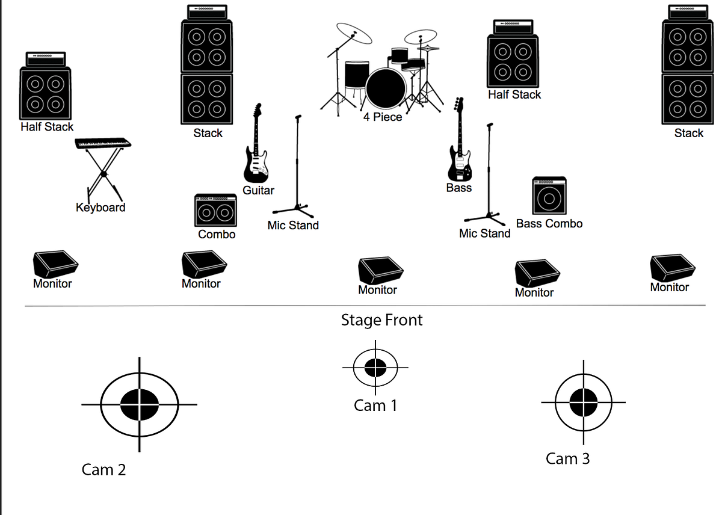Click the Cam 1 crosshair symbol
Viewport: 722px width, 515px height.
(x=375, y=367)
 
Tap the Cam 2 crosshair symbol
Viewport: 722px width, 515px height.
(x=140, y=404)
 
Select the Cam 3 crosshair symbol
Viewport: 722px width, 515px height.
(x=583, y=402)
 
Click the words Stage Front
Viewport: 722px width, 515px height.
(x=381, y=320)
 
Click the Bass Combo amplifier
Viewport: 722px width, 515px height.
(x=549, y=196)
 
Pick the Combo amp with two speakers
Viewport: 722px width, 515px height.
(x=215, y=211)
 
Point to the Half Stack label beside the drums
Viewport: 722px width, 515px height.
(x=514, y=94)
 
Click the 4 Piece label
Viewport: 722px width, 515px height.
(x=382, y=117)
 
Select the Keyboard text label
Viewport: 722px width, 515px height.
(x=100, y=208)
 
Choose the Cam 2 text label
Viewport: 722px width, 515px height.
(x=103, y=470)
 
